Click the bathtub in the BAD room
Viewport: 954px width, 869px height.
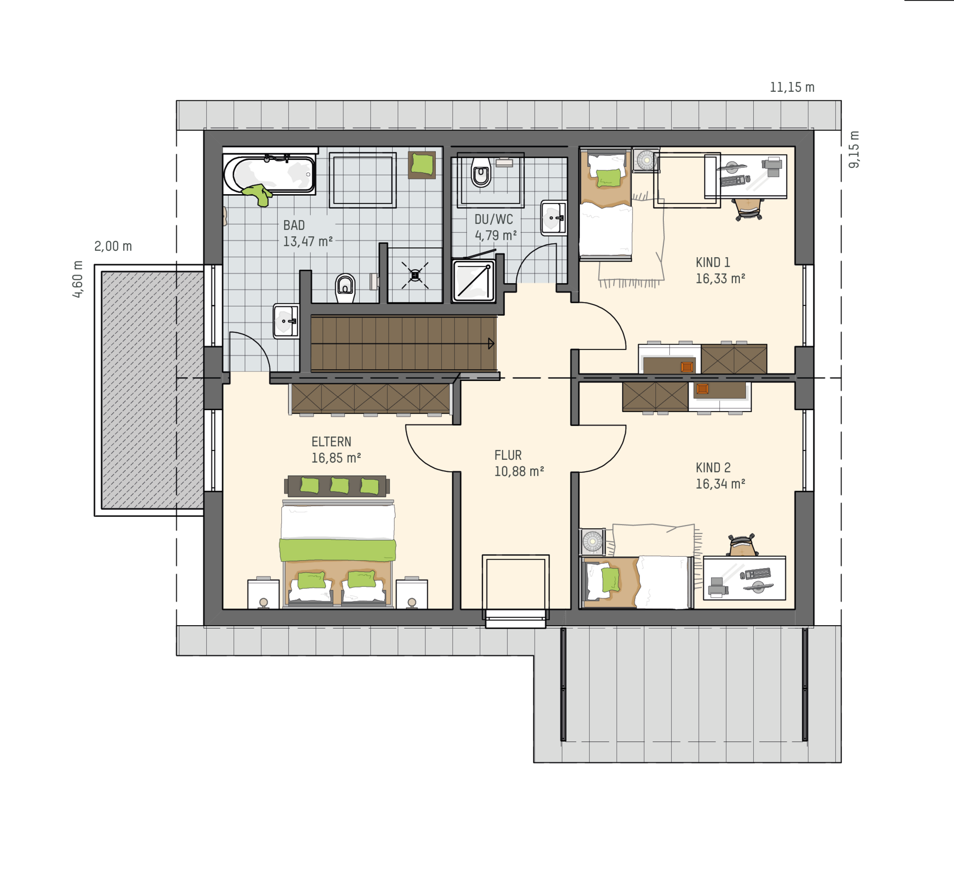[x=269, y=174]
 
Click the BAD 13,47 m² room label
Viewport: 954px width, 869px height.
[x=308, y=233]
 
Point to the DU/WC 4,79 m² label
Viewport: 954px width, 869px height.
[x=495, y=227]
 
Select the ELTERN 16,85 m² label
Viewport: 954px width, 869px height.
[x=336, y=450]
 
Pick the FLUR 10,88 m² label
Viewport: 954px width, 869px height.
[x=519, y=463]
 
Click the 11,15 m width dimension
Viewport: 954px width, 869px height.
[x=792, y=87]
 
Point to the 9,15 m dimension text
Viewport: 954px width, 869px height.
[x=854, y=149]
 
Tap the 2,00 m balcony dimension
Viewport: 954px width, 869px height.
[x=113, y=246]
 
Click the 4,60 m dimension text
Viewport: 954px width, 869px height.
[x=78, y=279]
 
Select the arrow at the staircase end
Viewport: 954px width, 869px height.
[x=491, y=343]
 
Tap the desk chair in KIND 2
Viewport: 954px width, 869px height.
[x=741, y=545]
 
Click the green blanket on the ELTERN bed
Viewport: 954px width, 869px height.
[x=337, y=550]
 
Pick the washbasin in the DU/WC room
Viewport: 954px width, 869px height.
[x=554, y=217]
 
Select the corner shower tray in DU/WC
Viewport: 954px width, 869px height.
[x=474, y=281]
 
